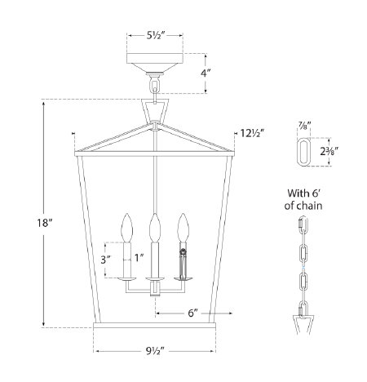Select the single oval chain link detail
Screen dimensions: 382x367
click(303, 151)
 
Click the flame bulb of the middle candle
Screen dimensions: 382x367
click(153, 224)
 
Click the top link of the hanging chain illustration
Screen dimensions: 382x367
click(303, 225)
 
